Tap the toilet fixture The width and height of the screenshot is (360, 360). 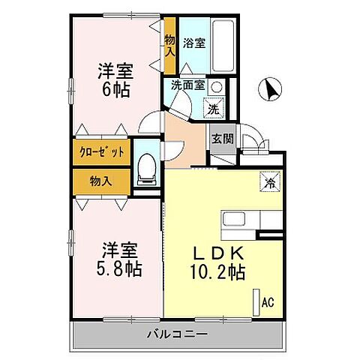tap(147, 171)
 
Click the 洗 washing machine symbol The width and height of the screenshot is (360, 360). tap(214, 108)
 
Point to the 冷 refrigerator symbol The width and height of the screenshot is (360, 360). tap(268, 181)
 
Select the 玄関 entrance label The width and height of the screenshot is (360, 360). tap(220, 139)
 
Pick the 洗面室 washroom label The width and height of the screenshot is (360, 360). tap(187, 85)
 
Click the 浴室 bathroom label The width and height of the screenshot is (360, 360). tap(194, 43)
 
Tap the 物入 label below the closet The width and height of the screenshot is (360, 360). tap(100, 181)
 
